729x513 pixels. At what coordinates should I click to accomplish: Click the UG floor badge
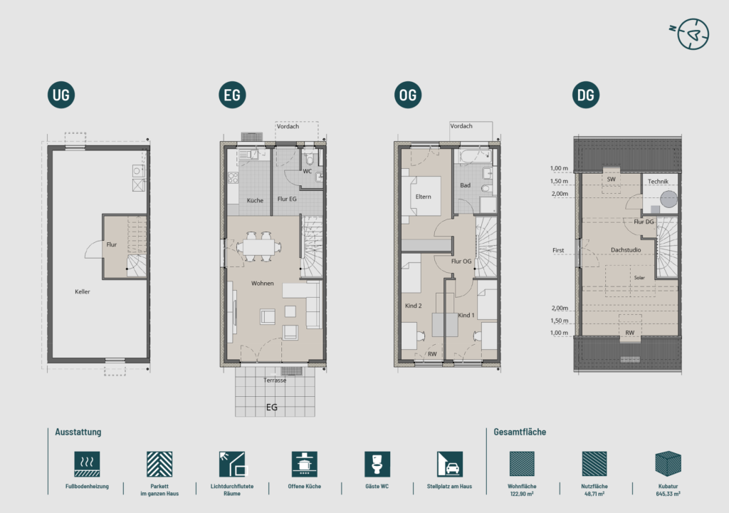pos(61,95)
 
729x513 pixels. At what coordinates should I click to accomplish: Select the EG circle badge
pos(232,95)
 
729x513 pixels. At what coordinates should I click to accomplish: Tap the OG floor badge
pos(408,95)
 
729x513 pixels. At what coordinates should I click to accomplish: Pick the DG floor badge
pos(586,95)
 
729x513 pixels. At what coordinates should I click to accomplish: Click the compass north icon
pos(690,34)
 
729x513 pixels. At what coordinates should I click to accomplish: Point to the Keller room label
pos(83,292)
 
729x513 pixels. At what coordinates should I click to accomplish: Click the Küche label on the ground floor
pos(255,201)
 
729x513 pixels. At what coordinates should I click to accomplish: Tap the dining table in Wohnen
pos(258,247)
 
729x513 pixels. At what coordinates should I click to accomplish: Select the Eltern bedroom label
pos(423,197)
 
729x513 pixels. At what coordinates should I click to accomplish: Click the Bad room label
pos(466,185)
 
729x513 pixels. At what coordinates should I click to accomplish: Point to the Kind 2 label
pos(414,306)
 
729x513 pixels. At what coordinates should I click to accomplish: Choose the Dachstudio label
pos(626,250)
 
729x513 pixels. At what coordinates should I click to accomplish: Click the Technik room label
pos(658,182)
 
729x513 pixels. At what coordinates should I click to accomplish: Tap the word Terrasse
pos(275,380)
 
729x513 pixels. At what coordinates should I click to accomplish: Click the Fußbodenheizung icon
pos(87,464)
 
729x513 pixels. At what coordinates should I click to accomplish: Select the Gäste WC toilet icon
pos(377,464)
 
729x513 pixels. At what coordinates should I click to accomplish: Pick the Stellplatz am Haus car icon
pos(450,464)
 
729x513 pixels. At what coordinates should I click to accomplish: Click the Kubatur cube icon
pos(668,464)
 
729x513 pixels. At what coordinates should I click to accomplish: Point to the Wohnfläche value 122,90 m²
pos(522,494)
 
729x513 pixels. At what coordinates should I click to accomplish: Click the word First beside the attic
pos(558,251)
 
